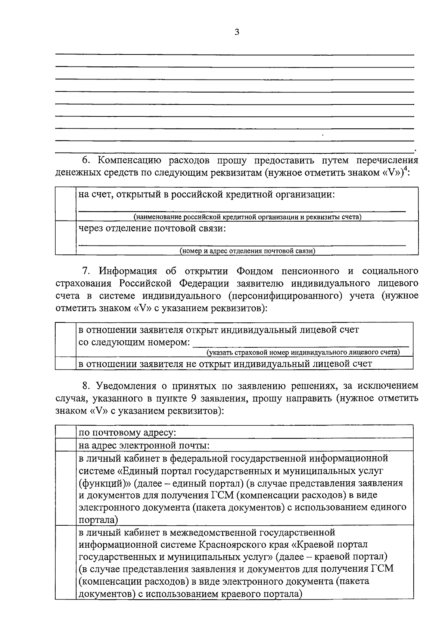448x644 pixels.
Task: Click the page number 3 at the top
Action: (x=237, y=32)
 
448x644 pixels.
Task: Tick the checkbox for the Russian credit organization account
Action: (x=66, y=204)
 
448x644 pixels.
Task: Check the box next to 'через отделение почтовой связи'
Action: (x=66, y=238)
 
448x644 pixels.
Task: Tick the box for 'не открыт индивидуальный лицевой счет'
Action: (x=66, y=363)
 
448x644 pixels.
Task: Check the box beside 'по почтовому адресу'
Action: (x=66, y=432)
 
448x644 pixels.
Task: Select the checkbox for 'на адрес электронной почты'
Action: (x=66, y=445)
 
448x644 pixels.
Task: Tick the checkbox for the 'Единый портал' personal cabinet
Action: (x=66, y=488)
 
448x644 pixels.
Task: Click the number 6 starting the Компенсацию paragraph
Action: (x=84, y=161)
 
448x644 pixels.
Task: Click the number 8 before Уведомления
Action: (x=84, y=385)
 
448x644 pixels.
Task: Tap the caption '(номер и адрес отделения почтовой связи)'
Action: (x=247, y=251)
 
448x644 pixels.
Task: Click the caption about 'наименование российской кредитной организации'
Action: (x=247, y=217)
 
